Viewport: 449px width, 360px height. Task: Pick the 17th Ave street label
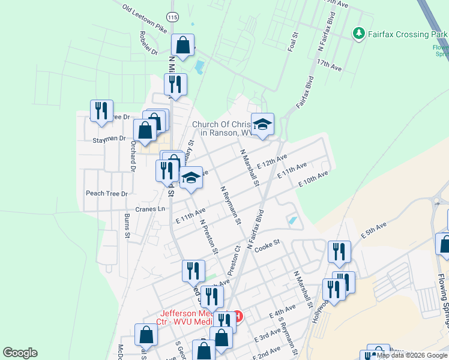pyautogui.click(x=330, y=65)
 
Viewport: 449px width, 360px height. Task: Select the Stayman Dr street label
pyautogui.click(x=109, y=138)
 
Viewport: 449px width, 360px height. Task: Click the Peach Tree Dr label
pyautogui.click(x=107, y=193)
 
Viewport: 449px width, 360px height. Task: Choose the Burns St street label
pyautogui.click(x=127, y=226)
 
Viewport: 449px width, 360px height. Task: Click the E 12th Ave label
pyautogui.click(x=272, y=161)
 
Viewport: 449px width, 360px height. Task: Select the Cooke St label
pyautogui.click(x=267, y=246)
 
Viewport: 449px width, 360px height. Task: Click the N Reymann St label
pyautogui.click(x=230, y=204)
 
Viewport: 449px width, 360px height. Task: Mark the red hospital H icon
pyautogui.click(x=238, y=316)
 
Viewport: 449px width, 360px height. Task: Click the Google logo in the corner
pyautogui.click(x=20, y=353)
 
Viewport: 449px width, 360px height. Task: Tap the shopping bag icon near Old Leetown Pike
pyautogui.click(x=182, y=45)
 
